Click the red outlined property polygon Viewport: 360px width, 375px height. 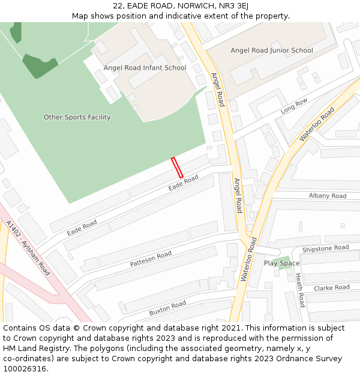click(x=176, y=167)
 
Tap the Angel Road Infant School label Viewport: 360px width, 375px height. click(x=145, y=68)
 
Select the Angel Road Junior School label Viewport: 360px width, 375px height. click(x=272, y=50)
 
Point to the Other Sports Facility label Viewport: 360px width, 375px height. click(x=77, y=117)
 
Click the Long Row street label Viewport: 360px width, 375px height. click(x=294, y=106)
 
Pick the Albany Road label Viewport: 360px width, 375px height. click(x=328, y=196)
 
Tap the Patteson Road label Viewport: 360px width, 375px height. click(x=151, y=259)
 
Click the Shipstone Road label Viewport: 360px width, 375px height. click(x=325, y=248)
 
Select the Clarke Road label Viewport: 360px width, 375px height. click(x=331, y=287)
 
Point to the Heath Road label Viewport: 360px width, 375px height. click(x=299, y=290)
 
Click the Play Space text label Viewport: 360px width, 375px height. click(x=281, y=263)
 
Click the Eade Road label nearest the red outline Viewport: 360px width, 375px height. click(x=183, y=182)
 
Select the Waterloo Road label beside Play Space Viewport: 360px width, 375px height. click(x=248, y=259)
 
